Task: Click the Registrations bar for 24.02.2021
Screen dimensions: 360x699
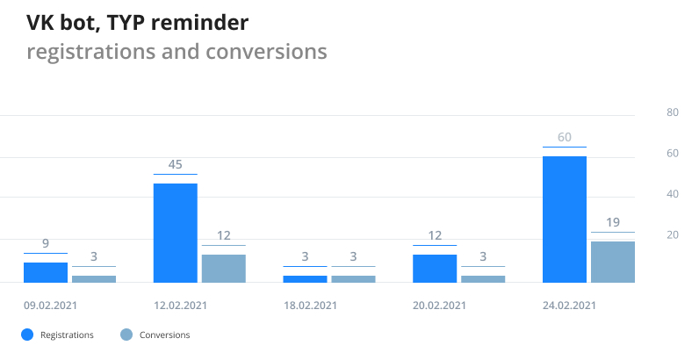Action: pos(565,220)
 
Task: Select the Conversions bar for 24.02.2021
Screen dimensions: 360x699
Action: pos(613,262)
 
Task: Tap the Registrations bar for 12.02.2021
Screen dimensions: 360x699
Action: pos(176,233)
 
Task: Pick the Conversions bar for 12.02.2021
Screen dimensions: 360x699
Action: pos(224,269)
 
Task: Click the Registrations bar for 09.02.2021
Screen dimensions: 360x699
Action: pos(46,272)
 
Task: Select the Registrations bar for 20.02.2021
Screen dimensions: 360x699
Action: pos(435,269)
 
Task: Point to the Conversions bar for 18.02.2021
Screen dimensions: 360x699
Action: pos(353,278)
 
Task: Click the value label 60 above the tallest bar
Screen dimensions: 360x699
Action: pos(565,137)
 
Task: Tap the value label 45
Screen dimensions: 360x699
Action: pos(176,164)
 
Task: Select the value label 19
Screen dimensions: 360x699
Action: pos(613,222)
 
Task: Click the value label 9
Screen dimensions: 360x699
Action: pos(46,243)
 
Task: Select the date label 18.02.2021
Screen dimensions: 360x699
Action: pos(310,306)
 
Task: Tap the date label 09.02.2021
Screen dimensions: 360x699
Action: pos(50,306)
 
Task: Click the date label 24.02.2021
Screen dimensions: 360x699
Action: pos(570,306)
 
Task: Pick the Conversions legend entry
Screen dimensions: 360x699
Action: pos(155,335)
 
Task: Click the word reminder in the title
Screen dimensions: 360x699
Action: pos(200,22)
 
